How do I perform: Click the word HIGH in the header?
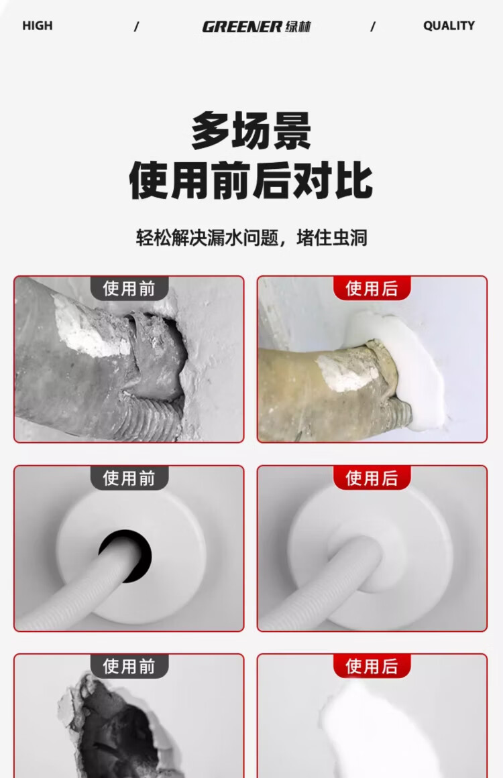point(38,26)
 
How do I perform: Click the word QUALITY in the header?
point(449,26)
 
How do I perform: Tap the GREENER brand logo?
point(256,26)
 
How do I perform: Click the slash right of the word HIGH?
point(137,26)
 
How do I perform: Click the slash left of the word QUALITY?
point(373,26)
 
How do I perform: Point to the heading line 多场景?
point(251,131)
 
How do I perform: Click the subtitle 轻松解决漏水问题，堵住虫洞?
point(251,238)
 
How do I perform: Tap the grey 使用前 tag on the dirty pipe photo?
point(129,288)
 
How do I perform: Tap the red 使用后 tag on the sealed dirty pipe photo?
point(372,288)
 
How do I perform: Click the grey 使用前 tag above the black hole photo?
point(129,478)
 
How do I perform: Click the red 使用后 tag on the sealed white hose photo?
point(372,478)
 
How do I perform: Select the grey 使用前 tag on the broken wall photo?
point(129,666)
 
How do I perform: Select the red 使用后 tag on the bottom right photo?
point(372,666)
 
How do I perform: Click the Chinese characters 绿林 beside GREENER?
point(298,27)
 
